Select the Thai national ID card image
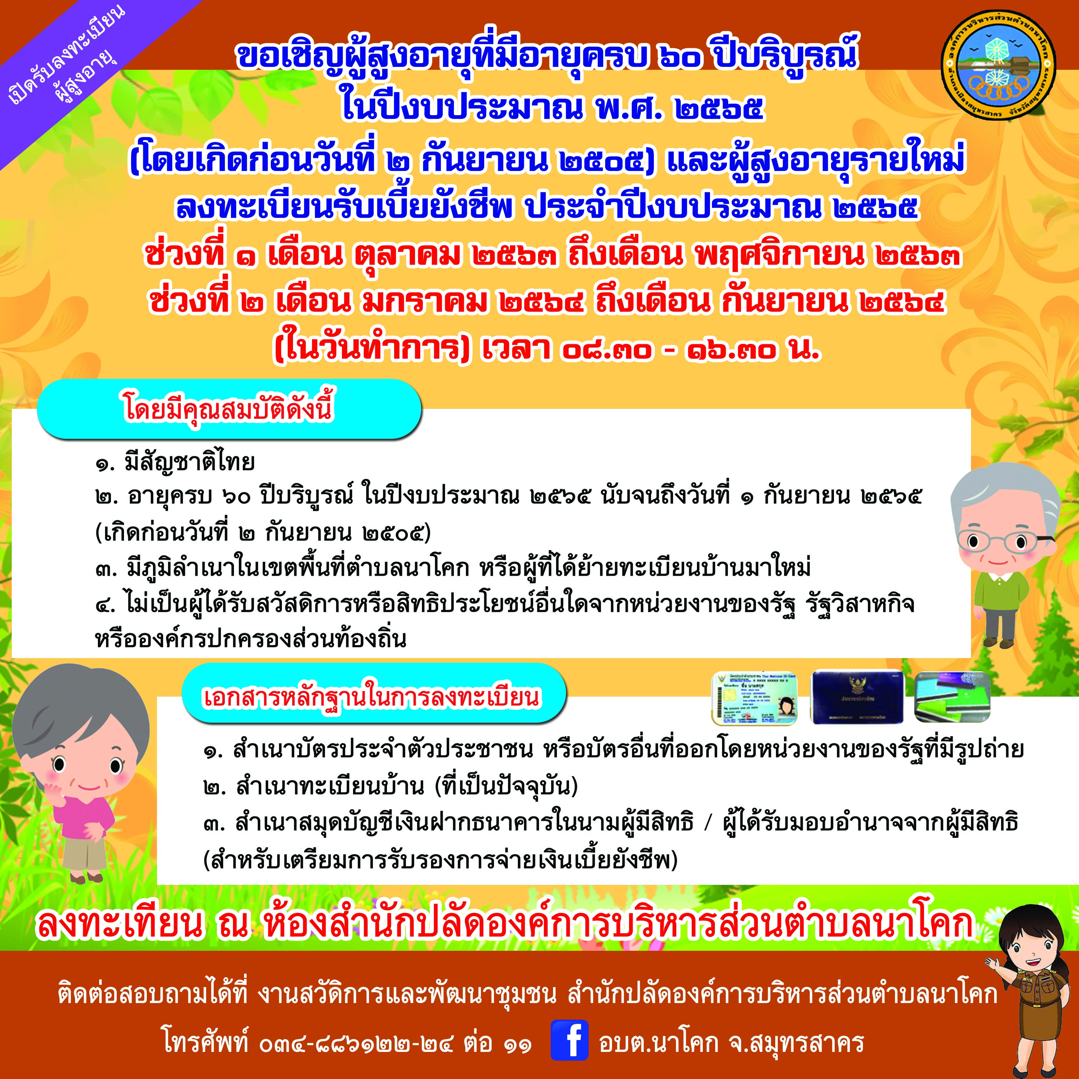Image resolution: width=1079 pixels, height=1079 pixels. click(754, 698)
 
